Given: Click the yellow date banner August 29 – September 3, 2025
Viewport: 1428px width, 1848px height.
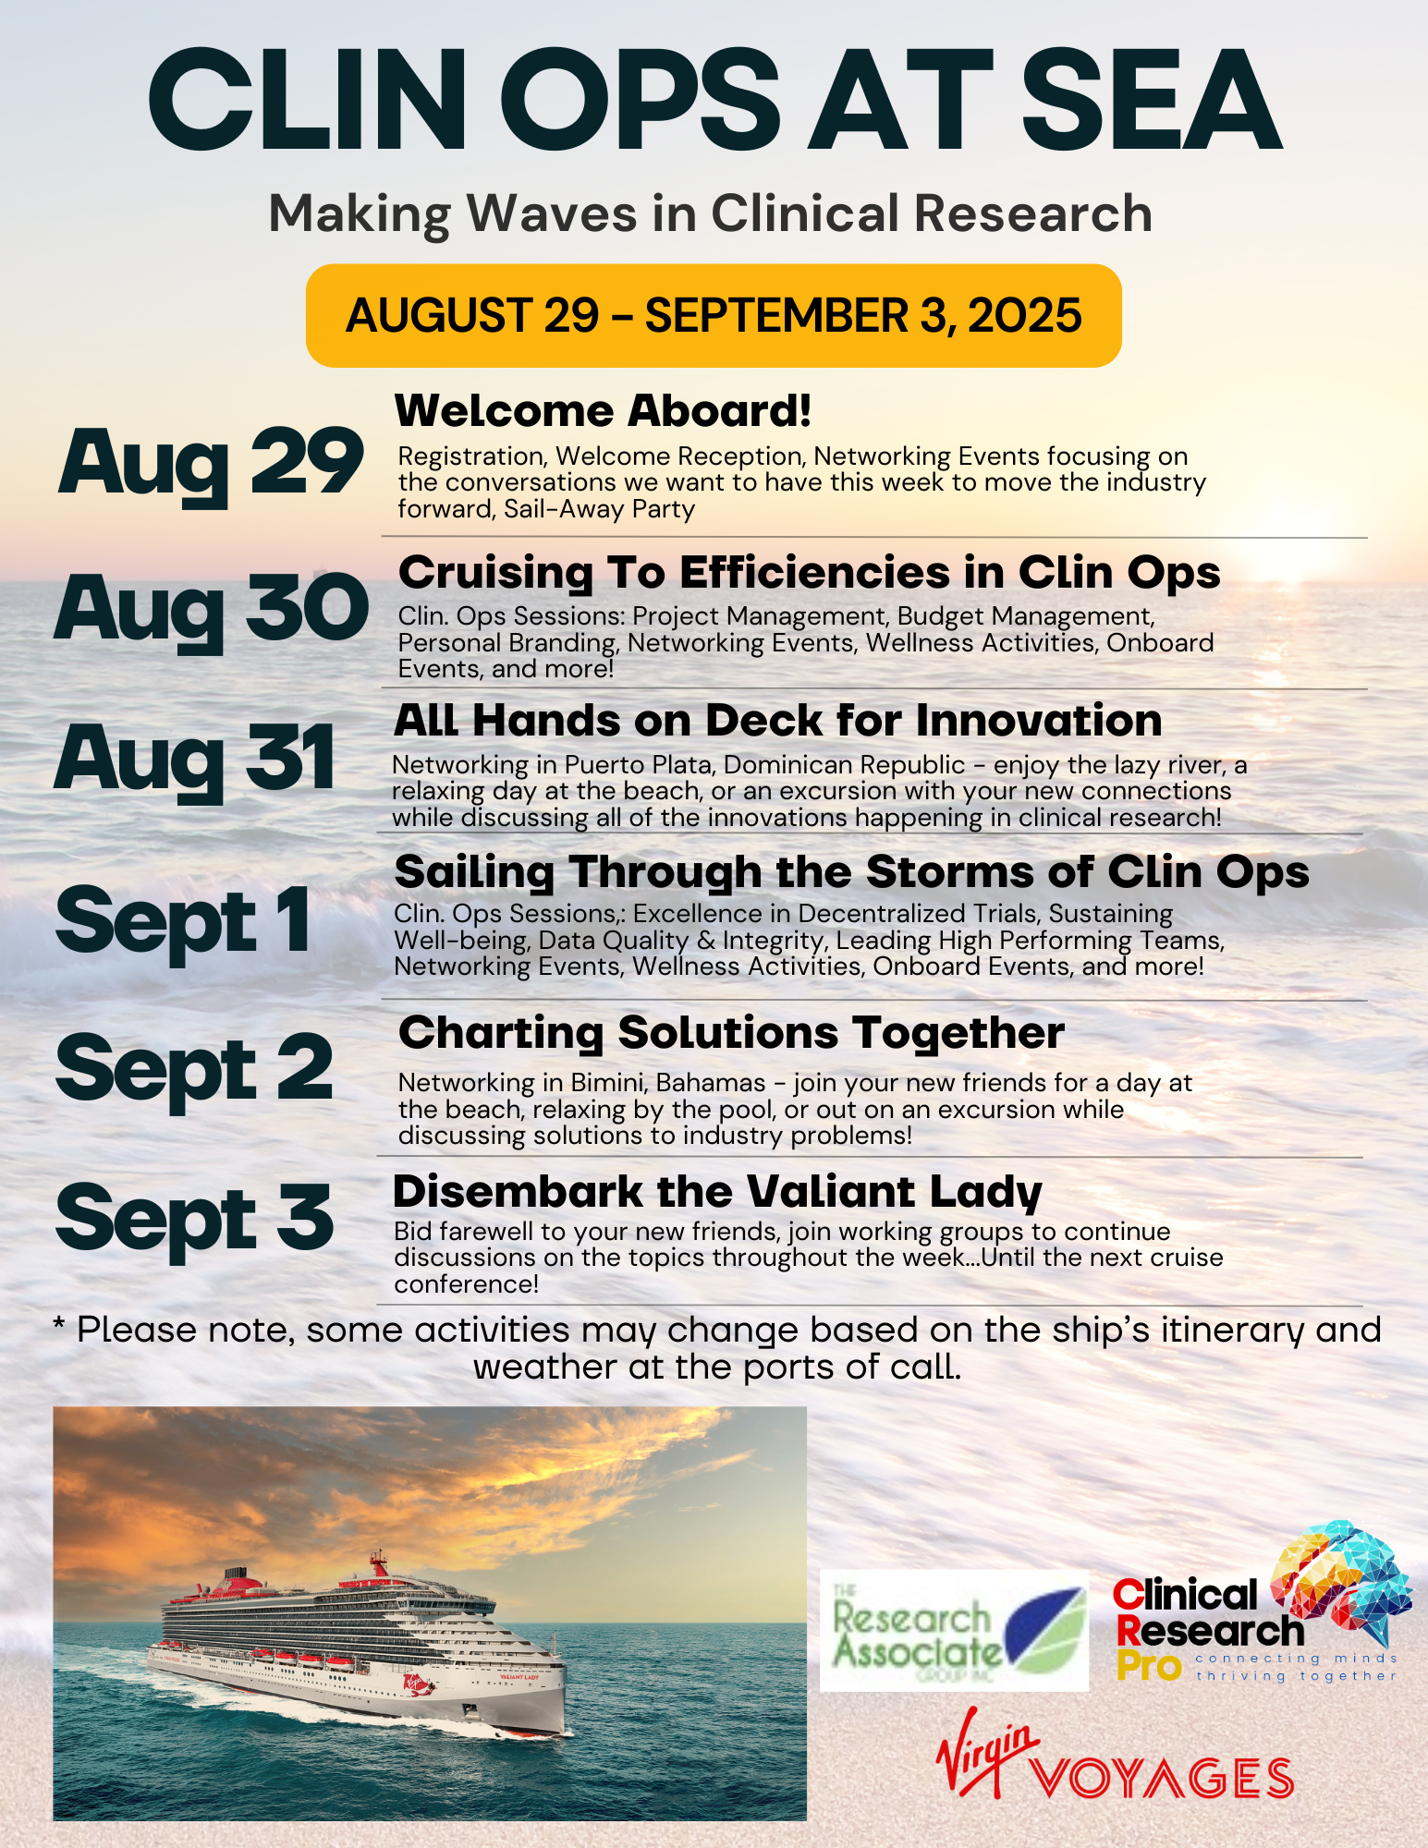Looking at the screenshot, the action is tap(714, 316).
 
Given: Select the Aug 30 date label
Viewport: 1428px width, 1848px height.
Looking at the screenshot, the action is tap(212, 610).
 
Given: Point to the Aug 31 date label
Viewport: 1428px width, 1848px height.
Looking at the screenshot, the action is tap(194, 760).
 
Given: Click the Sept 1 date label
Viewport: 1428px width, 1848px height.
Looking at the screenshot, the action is tap(183, 921).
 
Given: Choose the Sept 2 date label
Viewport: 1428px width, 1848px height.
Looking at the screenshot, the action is tap(194, 1070).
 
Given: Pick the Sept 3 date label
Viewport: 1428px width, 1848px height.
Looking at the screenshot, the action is tap(194, 1219).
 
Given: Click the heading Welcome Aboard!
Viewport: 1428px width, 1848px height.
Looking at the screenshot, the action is tap(603, 411).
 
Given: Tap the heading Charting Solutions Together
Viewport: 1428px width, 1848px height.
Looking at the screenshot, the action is tap(731, 1034).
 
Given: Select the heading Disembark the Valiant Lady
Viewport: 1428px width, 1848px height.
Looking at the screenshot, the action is tap(717, 1193).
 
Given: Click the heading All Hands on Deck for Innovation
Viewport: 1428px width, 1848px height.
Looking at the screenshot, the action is tap(777, 721).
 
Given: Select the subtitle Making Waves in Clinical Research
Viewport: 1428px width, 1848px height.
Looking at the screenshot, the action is tap(711, 214).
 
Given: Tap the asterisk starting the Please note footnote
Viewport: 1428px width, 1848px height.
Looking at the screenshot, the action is tap(59, 1326).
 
